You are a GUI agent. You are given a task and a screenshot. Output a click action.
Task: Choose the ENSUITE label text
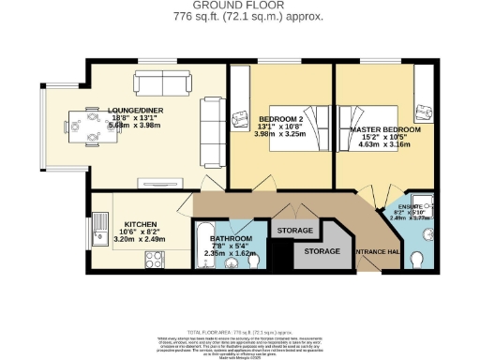pyautogui.click(x=412, y=203)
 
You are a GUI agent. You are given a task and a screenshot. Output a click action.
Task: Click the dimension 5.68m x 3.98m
pyautogui.click(x=135, y=123)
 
